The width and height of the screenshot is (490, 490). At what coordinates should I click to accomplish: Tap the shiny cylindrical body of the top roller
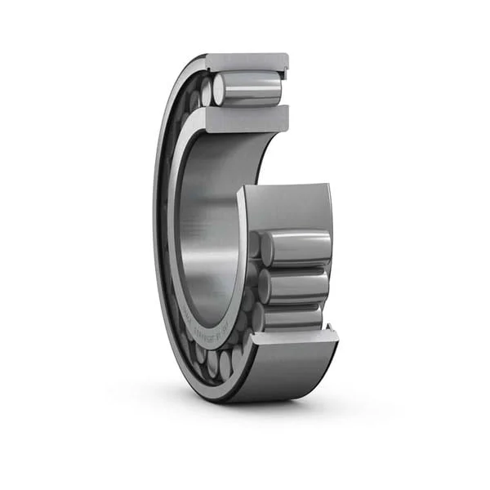pyautogui.click(x=253, y=88)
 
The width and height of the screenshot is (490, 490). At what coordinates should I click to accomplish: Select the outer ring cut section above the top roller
pyautogui.click(x=245, y=61)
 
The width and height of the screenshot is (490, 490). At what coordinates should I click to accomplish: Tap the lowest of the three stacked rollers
pyautogui.click(x=294, y=317)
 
